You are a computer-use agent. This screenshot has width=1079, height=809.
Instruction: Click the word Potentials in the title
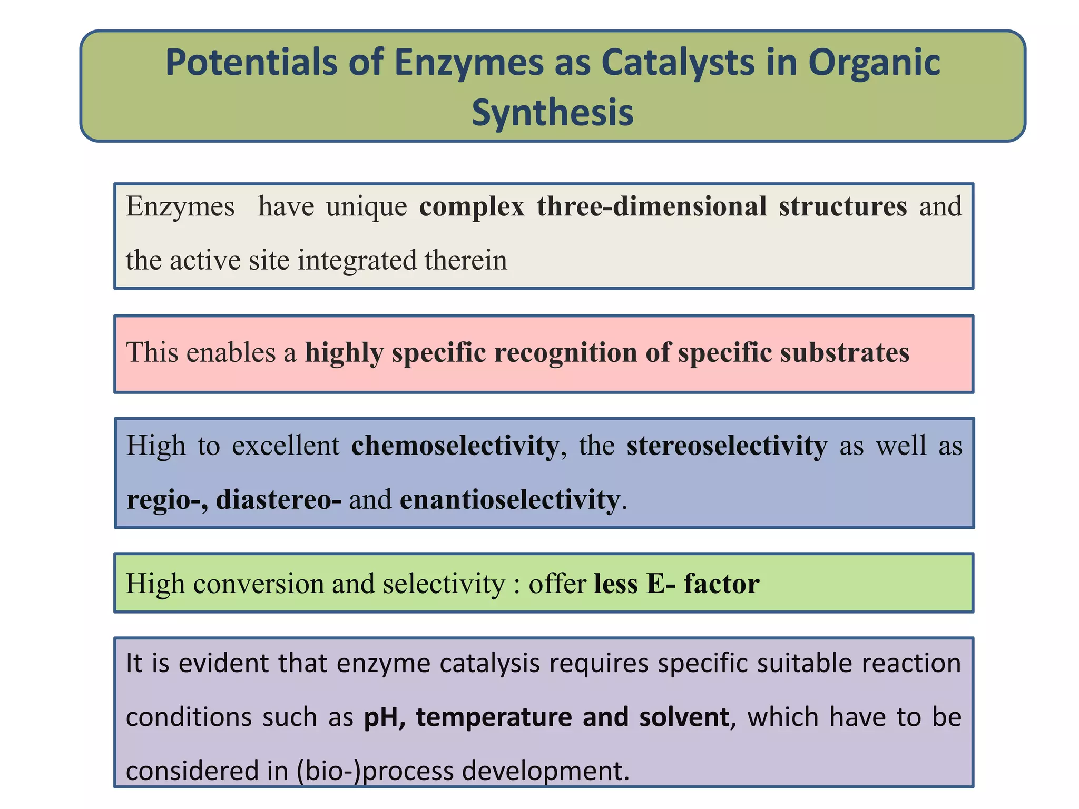(x=251, y=63)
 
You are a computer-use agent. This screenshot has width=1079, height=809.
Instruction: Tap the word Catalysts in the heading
(x=685, y=63)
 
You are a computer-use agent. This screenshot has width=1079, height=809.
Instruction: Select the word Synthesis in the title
(x=552, y=113)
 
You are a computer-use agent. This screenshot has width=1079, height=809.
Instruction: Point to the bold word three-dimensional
(x=652, y=206)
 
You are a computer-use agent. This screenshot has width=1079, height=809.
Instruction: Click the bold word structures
(x=843, y=206)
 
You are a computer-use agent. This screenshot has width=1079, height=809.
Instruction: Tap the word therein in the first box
(x=466, y=260)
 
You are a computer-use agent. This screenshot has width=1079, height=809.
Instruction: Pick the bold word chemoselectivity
(x=455, y=446)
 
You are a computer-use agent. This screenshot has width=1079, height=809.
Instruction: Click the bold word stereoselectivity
(x=727, y=446)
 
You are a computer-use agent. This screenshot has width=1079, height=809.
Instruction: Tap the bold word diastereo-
(x=279, y=499)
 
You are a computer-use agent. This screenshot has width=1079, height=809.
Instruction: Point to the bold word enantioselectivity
(x=509, y=499)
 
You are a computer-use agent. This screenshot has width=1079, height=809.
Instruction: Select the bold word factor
(x=721, y=584)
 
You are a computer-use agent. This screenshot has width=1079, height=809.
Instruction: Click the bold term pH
(x=381, y=717)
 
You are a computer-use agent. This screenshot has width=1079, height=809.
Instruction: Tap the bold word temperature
(x=494, y=717)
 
